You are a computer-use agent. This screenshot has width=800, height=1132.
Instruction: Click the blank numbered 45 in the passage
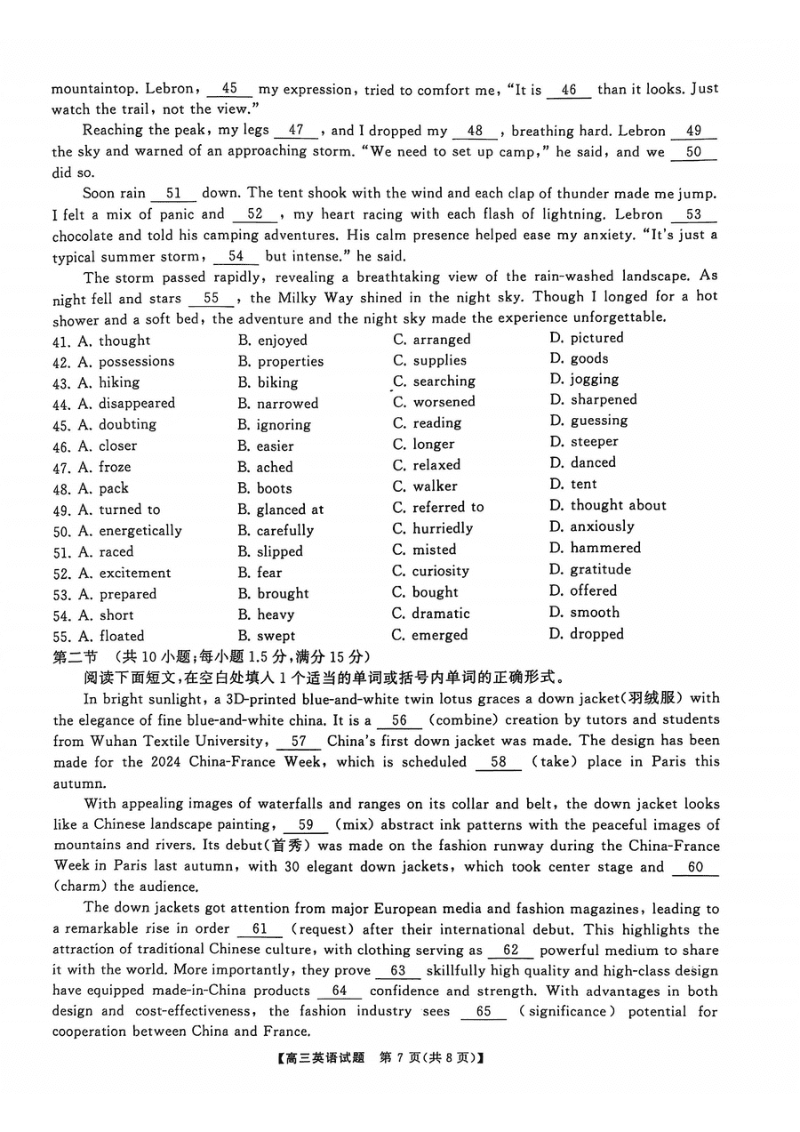click(x=229, y=89)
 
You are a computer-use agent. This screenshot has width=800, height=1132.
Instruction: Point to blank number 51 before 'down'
click(x=174, y=193)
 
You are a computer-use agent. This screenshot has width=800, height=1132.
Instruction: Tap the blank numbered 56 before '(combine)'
click(x=399, y=720)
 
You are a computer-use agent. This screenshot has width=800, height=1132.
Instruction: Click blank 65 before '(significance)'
click(x=484, y=1012)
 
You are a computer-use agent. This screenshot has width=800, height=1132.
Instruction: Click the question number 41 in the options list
click(x=61, y=341)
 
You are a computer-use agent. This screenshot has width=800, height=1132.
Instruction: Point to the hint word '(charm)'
click(x=83, y=886)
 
